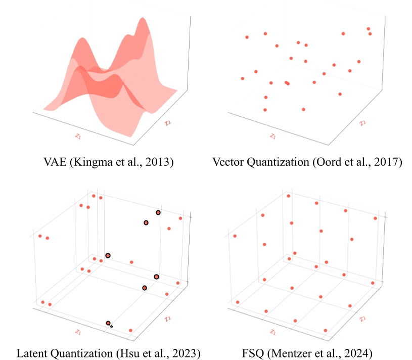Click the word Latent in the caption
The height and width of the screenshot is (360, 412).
31,352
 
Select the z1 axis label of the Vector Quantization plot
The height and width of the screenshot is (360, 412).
273,136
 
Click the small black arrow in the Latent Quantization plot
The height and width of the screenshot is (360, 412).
111,326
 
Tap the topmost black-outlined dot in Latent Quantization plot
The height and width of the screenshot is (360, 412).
158,213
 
